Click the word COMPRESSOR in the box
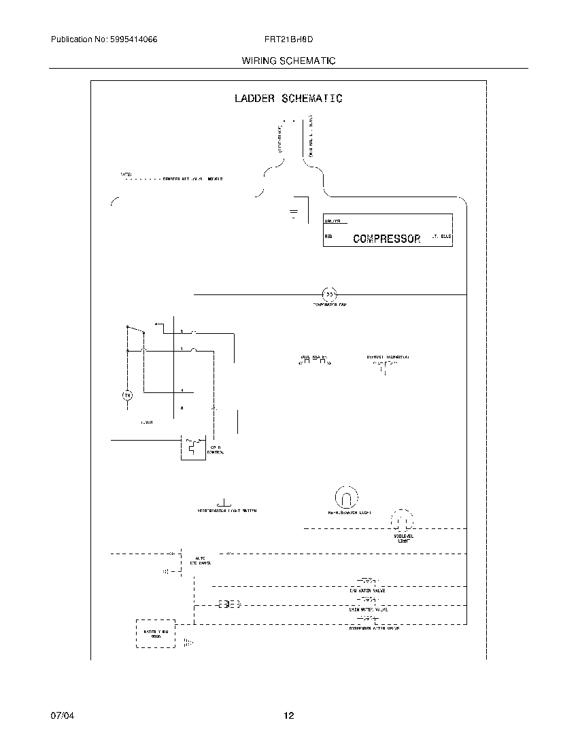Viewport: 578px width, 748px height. [x=387, y=239]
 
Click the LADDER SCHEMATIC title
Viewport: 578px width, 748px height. [x=288, y=99]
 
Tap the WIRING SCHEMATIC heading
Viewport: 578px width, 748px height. [x=288, y=61]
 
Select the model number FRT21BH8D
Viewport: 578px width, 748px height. [x=288, y=40]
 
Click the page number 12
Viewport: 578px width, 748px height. [x=288, y=715]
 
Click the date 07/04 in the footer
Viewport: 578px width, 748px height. [x=61, y=715]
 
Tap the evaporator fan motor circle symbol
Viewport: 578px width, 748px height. [x=329, y=294]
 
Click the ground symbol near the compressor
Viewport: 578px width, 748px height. [x=294, y=214]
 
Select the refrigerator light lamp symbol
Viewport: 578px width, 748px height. [x=345, y=497]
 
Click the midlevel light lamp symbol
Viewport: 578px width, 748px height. [x=401, y=521]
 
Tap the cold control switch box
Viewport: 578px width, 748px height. [x=193, y=447]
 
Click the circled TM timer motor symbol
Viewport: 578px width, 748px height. [x=126, y=395]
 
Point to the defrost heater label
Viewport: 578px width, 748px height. [x=314, y=356]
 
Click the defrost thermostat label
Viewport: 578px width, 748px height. [x=388, y=356]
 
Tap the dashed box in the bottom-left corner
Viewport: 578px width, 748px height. [x=156, y=633]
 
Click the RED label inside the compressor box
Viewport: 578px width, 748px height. [x=328, y=237]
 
